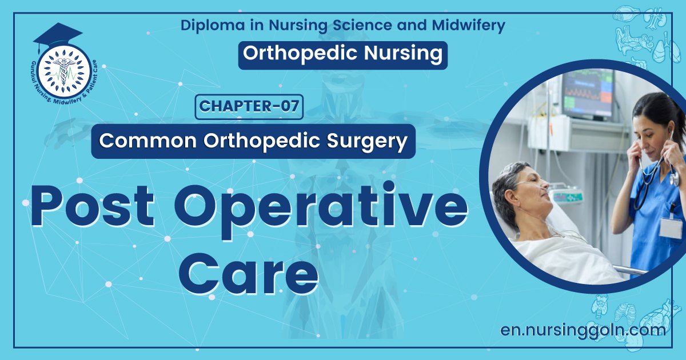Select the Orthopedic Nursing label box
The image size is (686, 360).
(342, 54)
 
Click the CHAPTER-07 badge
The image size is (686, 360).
(249, 107)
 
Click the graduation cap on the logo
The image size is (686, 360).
(57, 35)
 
